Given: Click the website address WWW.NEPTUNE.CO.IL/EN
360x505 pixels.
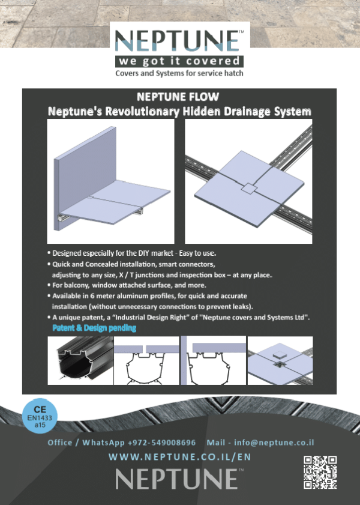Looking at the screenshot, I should click(x=180, y=458).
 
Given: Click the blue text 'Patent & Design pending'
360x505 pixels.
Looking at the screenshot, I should click(x=94, y=328).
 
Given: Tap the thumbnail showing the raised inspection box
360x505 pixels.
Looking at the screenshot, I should click(x=280, y=360).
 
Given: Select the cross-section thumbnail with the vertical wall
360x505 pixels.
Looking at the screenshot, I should click(x=213, y=360).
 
